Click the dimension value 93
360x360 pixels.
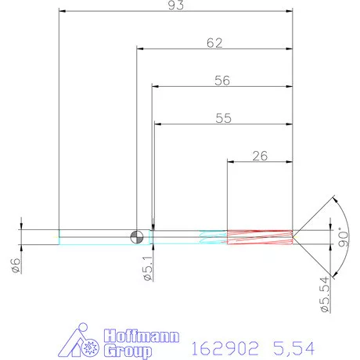click(176, 6)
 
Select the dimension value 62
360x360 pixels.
click(214, 43)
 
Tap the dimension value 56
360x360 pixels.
click(223, 80)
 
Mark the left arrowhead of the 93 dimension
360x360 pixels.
click(63, 12)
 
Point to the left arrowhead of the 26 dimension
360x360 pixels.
click(231, 161)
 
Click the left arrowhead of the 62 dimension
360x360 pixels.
click(141, 49)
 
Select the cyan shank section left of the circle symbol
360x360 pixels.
click(94, 236)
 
